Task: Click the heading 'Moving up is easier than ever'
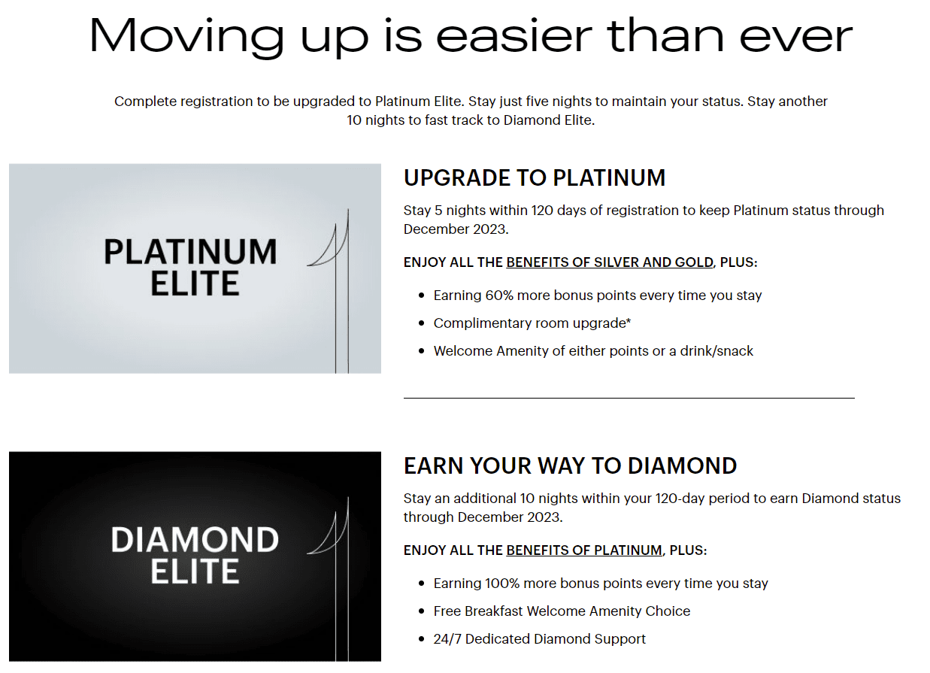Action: point(471,37)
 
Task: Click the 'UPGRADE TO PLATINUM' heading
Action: point(535,177)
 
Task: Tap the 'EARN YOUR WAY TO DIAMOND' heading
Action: point(570,465)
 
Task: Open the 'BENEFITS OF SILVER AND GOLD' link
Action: point(610,262)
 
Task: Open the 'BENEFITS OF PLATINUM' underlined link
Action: point(583,550)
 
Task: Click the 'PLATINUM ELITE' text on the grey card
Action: point(190,268)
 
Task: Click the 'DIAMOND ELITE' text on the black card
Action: point(195,555)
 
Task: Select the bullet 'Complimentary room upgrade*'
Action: point(532,323)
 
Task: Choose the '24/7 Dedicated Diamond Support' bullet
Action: point(539,638)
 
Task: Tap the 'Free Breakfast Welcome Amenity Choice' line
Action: point(562,611)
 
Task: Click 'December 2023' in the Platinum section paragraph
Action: point(456,229)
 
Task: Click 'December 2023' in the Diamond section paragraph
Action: point(510,517)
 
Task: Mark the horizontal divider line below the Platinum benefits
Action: point(629,398)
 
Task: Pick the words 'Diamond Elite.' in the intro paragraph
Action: point(549,120)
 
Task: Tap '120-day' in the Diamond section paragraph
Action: point(680,499)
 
